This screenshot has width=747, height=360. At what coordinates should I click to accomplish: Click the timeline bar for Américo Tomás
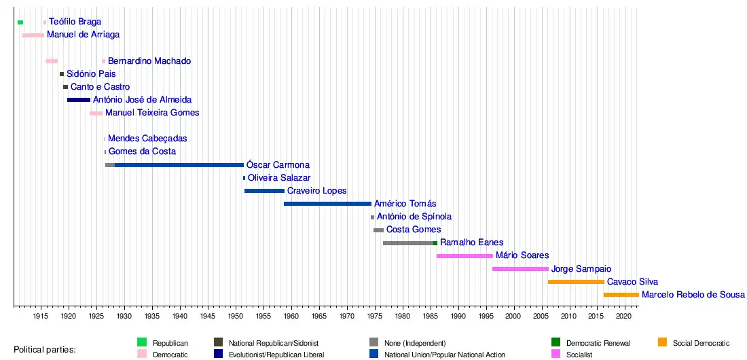point(327,204)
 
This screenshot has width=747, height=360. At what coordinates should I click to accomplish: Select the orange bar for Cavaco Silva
point(576,282)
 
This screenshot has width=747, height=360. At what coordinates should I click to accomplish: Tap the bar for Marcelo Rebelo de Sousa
point(621,295)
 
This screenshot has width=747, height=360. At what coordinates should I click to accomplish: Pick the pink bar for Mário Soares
point(464,256)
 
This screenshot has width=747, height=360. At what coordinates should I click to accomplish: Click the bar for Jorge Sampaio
point(520,269)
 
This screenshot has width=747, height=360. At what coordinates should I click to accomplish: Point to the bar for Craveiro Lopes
point(264,191)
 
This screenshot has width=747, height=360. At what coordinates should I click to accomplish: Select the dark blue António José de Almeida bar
point(79,100)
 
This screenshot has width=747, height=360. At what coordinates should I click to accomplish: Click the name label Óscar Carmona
point(278,165)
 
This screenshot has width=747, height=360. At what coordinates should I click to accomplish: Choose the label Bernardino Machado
point(149,61)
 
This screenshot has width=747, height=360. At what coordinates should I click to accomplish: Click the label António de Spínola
point(414,217)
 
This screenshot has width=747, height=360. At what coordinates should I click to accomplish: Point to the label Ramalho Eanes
point(472,242)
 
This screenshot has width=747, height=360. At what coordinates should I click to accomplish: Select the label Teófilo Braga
point(75,22)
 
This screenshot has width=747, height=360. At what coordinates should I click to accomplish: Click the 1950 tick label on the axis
point(236,317)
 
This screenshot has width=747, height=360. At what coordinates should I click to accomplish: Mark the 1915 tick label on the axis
point(41,317)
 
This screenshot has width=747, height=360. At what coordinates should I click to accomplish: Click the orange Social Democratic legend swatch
point(662,342)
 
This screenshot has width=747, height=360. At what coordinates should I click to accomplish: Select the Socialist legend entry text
point(579,355)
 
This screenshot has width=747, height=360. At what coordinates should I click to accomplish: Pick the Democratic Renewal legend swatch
point(555,342)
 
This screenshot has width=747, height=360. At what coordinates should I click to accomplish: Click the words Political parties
point(45,350)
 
